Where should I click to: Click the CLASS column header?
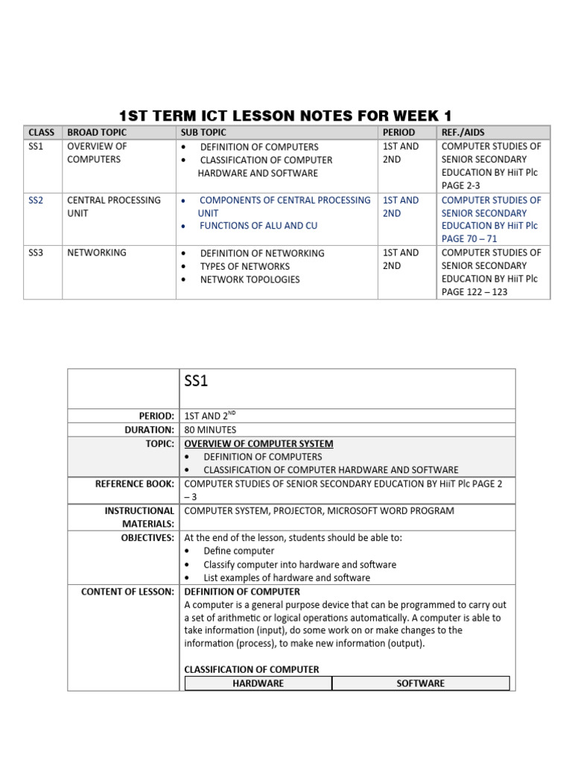pyautogui.click(x=41, y=133)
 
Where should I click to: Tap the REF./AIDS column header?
pyautogui.click(x=463, y=133)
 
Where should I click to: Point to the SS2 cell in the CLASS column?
pyautogui.click(x=36, y=200)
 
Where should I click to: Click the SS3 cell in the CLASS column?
pyautogui.click(x=36, y=253)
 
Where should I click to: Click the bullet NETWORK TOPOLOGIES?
pyautogui.click(x=250, y=279)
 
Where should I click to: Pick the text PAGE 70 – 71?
pyautogui.click(x=468, y=238)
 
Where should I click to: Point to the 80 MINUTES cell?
pyautogui.click(x=210, y=430)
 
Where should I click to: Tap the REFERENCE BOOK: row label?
pyautogui.click(x=135, y=484)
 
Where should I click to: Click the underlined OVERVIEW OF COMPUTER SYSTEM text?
pyautogui.click(x=258, y=443)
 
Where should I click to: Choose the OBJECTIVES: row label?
pyautogui.click(x=147, y=537)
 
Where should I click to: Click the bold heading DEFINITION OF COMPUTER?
pyautogui.click(x=242, y=592)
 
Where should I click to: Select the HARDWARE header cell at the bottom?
pyautogui.click(x=258, y=683)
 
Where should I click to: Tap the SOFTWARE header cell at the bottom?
pyautogui.click(x=421, y=683)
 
